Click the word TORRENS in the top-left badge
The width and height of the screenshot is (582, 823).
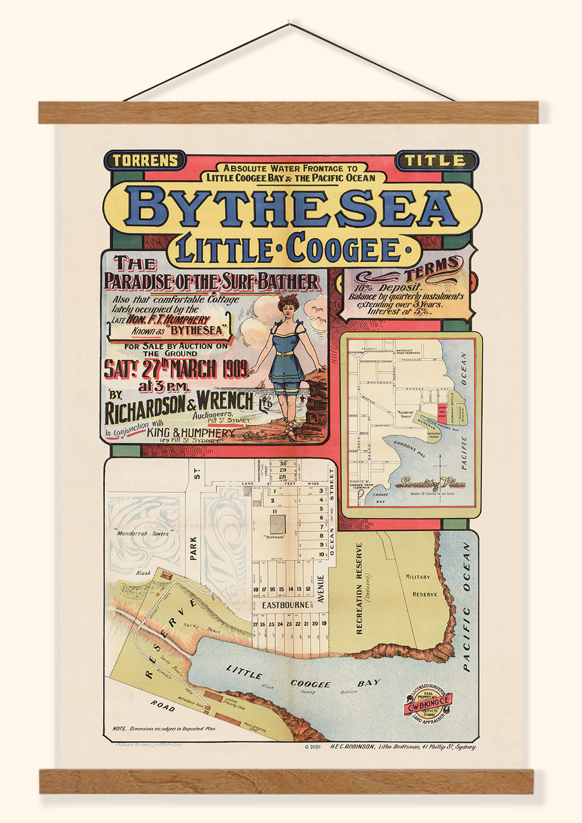coord(145,160)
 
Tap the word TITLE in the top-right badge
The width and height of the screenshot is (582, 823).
coord(438,160)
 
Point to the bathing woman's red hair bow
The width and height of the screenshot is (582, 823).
coord(288,299)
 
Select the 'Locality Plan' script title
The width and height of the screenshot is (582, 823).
coord(430,482)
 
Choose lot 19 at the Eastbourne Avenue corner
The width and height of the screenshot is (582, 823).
coord(324,623)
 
